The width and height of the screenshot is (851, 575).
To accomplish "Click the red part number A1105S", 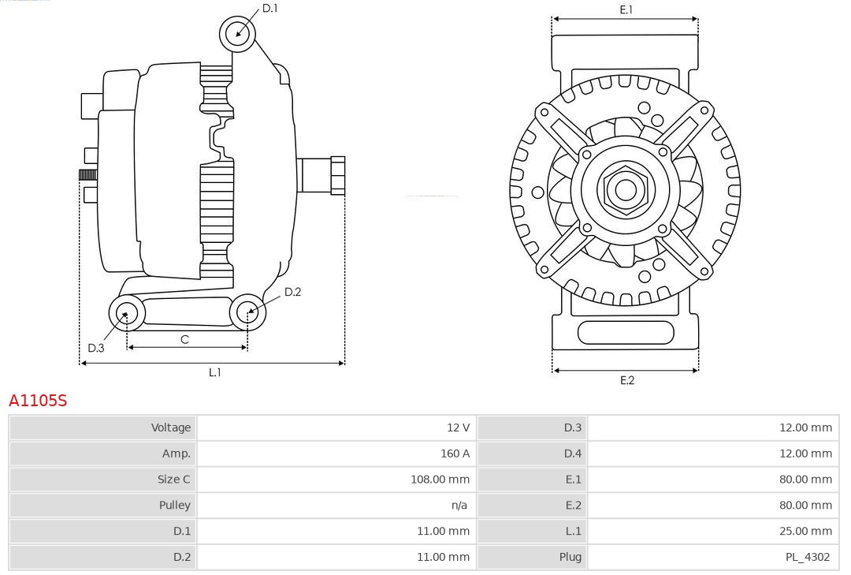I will tap(38, 401).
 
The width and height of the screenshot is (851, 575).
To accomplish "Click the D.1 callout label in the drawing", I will tap(270, 8).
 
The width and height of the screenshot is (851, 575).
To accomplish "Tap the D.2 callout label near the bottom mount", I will tap(292, 292).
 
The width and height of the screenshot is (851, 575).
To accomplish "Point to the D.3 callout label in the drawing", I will tap(96, 348).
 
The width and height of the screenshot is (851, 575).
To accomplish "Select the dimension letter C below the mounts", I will tap(184, 339).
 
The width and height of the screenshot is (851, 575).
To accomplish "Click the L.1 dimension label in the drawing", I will tap(214, 372).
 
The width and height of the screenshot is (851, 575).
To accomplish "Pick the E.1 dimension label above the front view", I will tap(626, 9).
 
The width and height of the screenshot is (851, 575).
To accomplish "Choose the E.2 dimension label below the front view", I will tap(626, 380).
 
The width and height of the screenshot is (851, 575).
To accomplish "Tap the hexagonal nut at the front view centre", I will tap(625, 190).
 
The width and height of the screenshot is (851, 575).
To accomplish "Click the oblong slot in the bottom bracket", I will tap(626, 332).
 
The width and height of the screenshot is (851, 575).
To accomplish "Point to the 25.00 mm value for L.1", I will tap(805, 531).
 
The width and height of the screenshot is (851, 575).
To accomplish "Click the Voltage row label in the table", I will tap(171, 428).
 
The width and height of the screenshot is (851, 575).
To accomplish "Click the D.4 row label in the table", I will tap(572, 454).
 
